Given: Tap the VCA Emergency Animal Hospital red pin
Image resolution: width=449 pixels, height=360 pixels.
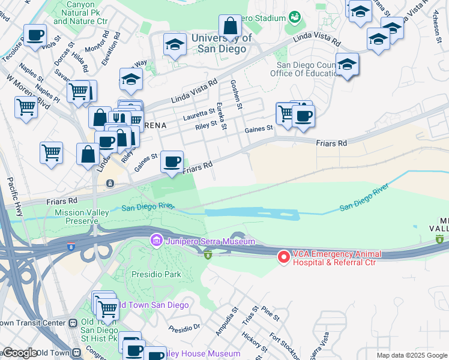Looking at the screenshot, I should (283, 257).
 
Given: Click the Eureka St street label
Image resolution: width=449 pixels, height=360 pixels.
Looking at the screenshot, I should (222, 116).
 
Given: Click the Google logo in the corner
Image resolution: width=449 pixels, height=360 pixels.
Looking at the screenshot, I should (19, 353).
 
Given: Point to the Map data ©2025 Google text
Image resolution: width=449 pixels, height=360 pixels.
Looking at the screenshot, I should (412, 355).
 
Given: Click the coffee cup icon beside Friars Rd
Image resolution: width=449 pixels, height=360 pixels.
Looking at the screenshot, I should (172, 161).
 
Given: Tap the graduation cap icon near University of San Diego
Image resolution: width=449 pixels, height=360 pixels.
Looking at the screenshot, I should (175, 44).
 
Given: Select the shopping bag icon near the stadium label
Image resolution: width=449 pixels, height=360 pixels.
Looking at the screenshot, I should (230, 26).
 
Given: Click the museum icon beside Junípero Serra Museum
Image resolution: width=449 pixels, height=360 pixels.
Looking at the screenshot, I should (156, 241).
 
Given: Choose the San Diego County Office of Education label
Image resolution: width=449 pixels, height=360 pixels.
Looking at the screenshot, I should (306, 70).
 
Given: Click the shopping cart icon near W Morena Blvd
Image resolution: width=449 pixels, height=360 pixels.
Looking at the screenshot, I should (26, 108).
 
